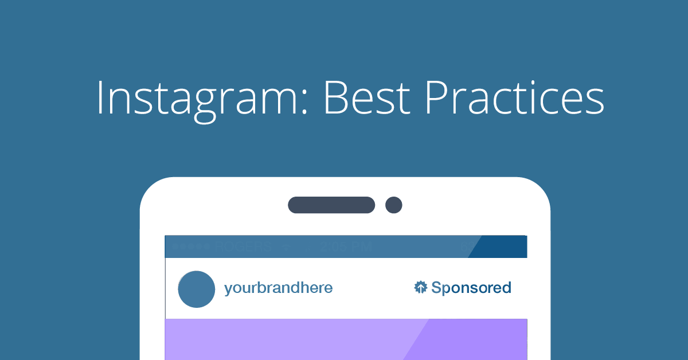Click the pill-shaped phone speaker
[x=331, y=205]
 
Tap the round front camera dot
[x=394, y=205]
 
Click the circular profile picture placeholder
[x=197, y=289]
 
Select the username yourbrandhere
[x=278, y=288]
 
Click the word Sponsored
[x=471, y=288]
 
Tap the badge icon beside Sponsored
[x=421, y=287]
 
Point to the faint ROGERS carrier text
[x=243, y=247]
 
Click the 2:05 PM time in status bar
[x=346, y=247]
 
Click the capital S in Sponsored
[x=437, y=288]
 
